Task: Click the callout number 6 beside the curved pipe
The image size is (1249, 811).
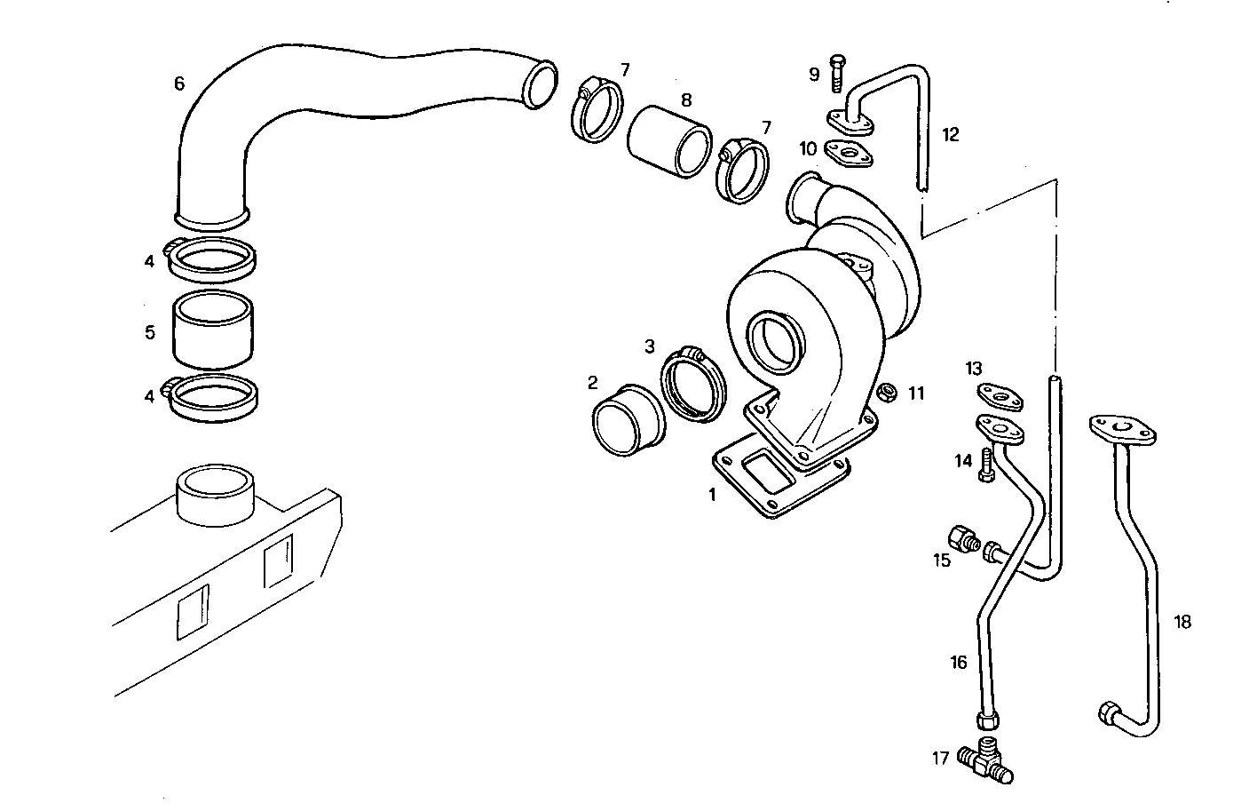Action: pyautogui.click(x=179, y=84)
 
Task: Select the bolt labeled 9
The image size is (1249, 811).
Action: pyautogui.click(x=837, y=73)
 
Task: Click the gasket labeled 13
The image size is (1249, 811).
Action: pyautogui.click(x=999, y=396)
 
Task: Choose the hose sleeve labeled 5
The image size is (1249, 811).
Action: pyautogui.click(x=210, y=330)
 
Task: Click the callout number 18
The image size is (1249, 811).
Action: pyautogui.click(x=1182, y=622)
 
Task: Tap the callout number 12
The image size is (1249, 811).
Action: pyautogui.click(x=951, y=135)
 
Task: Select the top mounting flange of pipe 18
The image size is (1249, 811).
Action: pyautogui.click(x=1120, y=431)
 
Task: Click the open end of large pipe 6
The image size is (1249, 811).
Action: pyautogui.click(x=540, y=83)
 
